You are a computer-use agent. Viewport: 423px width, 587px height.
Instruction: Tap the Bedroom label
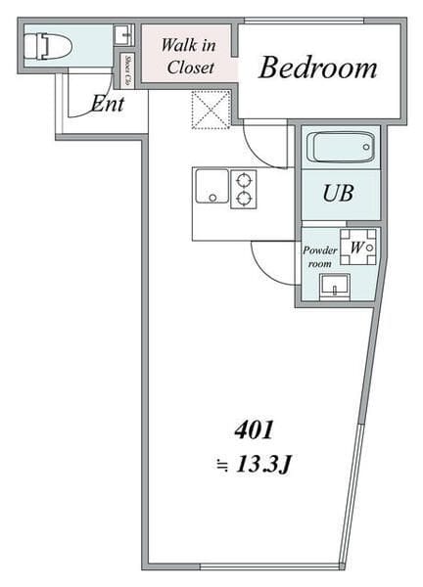point(318,68)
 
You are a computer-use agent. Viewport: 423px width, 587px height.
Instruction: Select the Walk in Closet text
point(189,56)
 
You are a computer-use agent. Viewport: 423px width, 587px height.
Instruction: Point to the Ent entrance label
point(108,103)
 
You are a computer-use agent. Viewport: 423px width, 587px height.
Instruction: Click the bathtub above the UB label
point(340,149)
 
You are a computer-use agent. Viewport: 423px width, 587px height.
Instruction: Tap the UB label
point(339,194)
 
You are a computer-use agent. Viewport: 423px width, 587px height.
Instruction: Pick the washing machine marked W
point(356,247)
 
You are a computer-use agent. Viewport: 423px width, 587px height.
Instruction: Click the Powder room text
point(319,256)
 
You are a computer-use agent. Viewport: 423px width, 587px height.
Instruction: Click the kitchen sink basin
point(211,186)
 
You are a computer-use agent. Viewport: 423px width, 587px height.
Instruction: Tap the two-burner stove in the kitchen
point(242,189)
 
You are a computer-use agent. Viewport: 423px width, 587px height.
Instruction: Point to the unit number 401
point(254,429)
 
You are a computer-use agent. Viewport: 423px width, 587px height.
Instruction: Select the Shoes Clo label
point(127,69)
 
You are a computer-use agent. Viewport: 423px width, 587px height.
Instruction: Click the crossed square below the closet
point(211,110)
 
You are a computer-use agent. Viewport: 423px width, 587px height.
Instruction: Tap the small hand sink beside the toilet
point(122,35)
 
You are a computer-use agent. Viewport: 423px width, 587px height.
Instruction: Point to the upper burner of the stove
point(242,179)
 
